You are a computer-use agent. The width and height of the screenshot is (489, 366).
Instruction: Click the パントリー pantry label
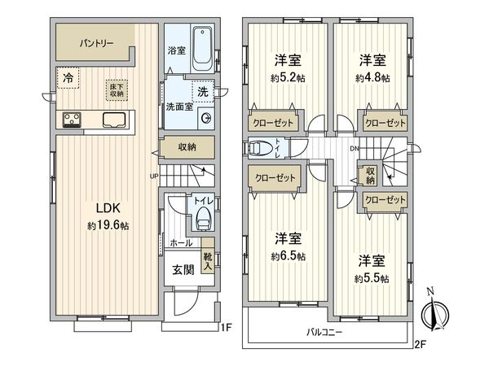(96, 43)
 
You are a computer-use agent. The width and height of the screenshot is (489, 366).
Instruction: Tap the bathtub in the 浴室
(203, 49)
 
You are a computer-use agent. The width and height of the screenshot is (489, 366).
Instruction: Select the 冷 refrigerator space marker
(68, 78)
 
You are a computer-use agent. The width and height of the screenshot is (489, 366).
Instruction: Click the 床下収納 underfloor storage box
(117, 90)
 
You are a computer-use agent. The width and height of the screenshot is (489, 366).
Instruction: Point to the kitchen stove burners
(72, 120)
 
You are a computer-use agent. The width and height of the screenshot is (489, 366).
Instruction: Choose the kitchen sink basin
(114, 120)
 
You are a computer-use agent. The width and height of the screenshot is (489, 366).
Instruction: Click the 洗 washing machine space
(203, 91)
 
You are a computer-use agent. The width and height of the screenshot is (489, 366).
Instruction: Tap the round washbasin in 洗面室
(206, 119)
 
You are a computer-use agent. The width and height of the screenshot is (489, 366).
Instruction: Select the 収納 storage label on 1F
(187, 147)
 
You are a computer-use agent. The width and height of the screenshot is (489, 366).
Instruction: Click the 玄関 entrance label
(183, 269)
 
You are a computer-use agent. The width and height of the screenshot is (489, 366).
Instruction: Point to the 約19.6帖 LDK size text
(108, 225)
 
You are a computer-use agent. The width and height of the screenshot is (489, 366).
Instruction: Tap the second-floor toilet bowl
(260, 148)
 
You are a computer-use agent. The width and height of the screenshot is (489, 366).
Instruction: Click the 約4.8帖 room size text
(372, 78)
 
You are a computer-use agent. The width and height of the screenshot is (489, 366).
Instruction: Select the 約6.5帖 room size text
(289, 256)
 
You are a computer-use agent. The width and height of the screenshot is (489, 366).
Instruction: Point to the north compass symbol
(434, 312)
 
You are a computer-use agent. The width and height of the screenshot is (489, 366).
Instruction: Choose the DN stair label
(355, 149)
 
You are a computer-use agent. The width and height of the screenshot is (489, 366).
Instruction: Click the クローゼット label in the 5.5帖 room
(385, 199)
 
